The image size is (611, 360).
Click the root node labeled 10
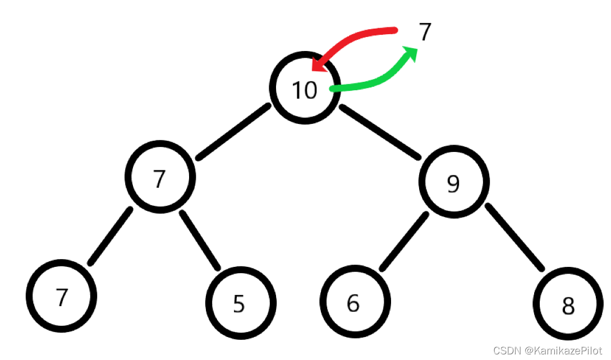[305, 89]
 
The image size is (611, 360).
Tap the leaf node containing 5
[240, 302]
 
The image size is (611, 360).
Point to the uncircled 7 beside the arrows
[425, 33]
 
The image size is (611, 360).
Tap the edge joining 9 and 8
[514, 237]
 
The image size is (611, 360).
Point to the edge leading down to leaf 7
[111, 236]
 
